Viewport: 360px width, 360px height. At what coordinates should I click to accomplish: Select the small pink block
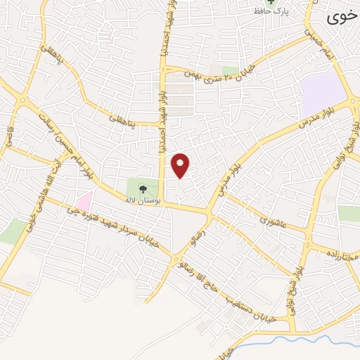[84, 202]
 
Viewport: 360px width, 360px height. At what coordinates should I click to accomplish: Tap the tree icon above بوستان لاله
[142, 188]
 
